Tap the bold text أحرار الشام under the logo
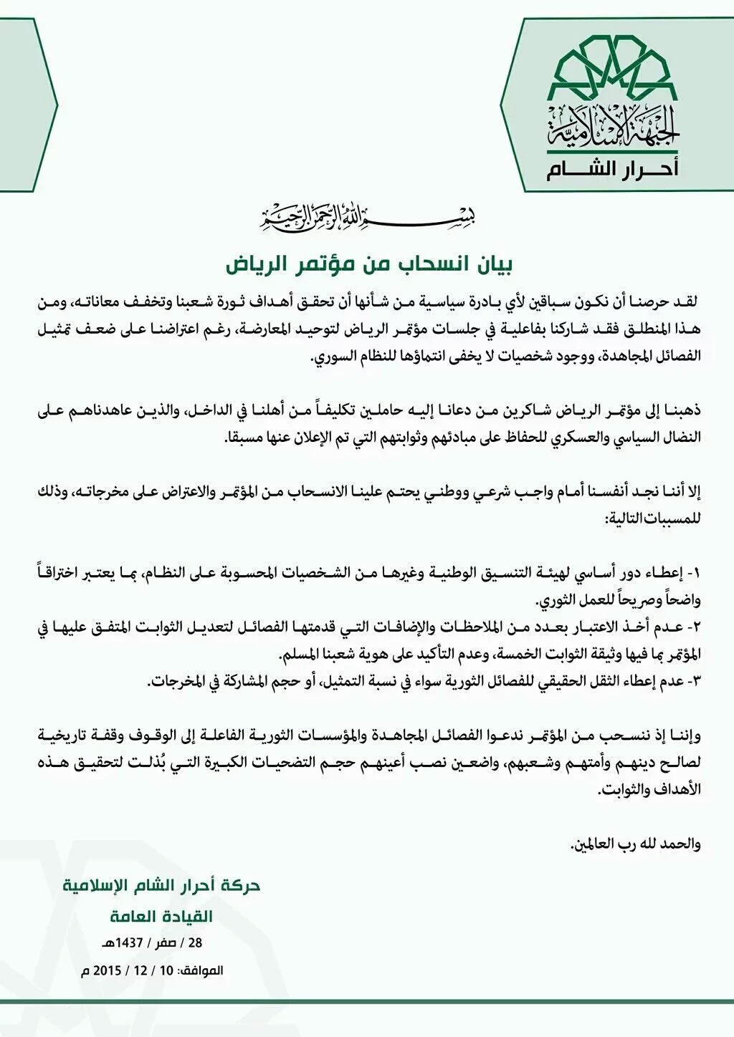[x=612, y=170]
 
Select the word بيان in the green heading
[x=495, y=263]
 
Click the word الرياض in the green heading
[x=247, y=263]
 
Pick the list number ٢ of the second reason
[x=692, y=625]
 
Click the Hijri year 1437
[x=128, y=943]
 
